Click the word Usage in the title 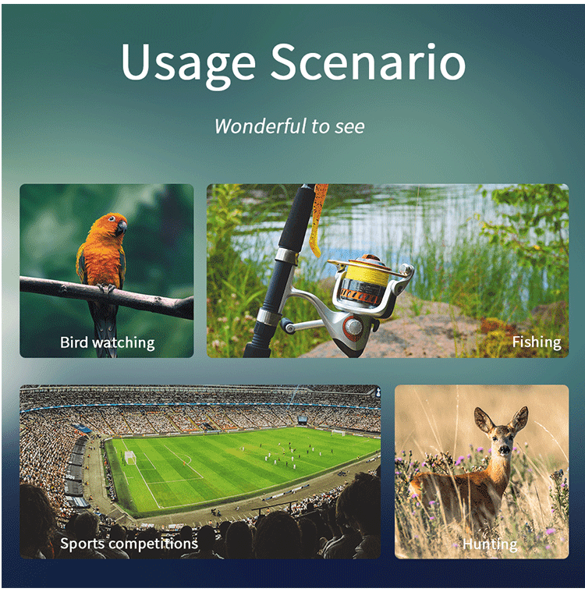[x=188, y=65]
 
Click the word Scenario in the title [x=368, y=61]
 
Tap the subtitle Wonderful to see [x=289, y=126]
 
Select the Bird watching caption [x=108, y=342]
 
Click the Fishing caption [x=537, y=342]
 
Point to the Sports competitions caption [x=129, y=543]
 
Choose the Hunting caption [x=490, y=544]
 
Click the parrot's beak [x=122, y=228]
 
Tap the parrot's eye [x=112, y=218]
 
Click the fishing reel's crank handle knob [x=286, y=326]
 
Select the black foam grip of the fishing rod [x=293, y=218]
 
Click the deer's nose [x=505, y=450]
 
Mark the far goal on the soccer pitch [x=338, y=433]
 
